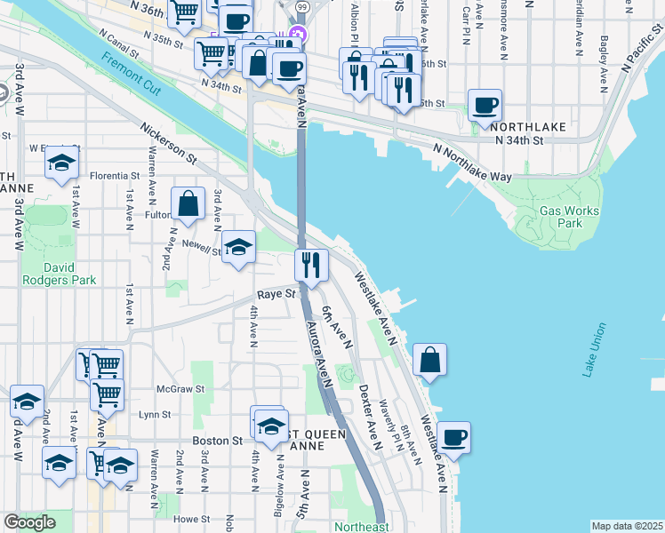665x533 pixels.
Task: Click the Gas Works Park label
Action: pos(569,217)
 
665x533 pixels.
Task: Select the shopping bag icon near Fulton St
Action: pos(189,203)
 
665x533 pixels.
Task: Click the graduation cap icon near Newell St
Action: pos(237,247)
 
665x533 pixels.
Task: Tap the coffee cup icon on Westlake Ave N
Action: pos(453,437)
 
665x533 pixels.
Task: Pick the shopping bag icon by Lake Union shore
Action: pos(429,360)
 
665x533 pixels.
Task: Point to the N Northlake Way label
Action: pos(473,163)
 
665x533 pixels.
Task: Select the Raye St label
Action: pos(276,293)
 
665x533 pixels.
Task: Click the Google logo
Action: pos(29,522)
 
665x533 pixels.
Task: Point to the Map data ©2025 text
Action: pos(627,526)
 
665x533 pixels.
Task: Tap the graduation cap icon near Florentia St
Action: pos(61,163)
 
